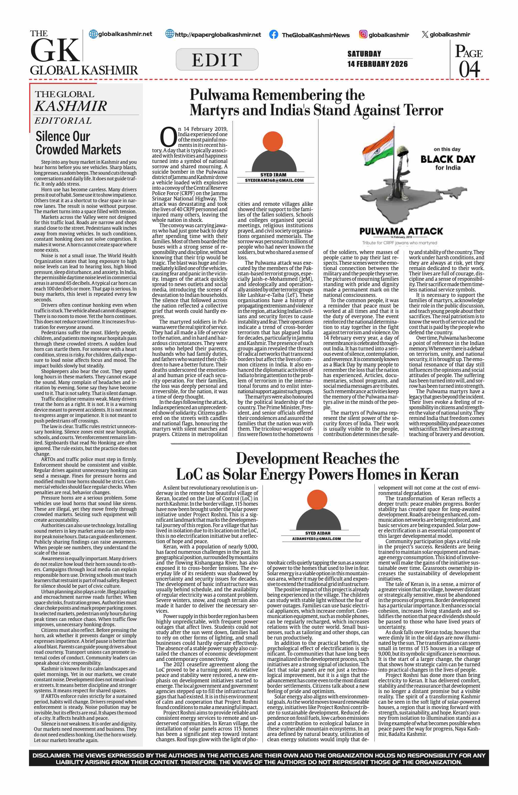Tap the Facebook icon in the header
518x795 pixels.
[273, 34]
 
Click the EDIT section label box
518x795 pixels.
[217, 59]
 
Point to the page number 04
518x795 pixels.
[469, 69]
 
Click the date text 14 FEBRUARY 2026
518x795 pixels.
[377, 64]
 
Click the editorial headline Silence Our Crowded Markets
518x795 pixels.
[78, 143]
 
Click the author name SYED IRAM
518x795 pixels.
[273, 175]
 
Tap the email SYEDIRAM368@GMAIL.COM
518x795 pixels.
[274, 180]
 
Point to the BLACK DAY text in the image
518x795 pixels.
[448, 159]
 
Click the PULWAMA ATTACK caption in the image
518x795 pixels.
[401, 231]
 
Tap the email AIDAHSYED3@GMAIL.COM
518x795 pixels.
[316, 539]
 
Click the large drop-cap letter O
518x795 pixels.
[168, 137]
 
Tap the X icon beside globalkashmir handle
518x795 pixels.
[425, 34]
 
